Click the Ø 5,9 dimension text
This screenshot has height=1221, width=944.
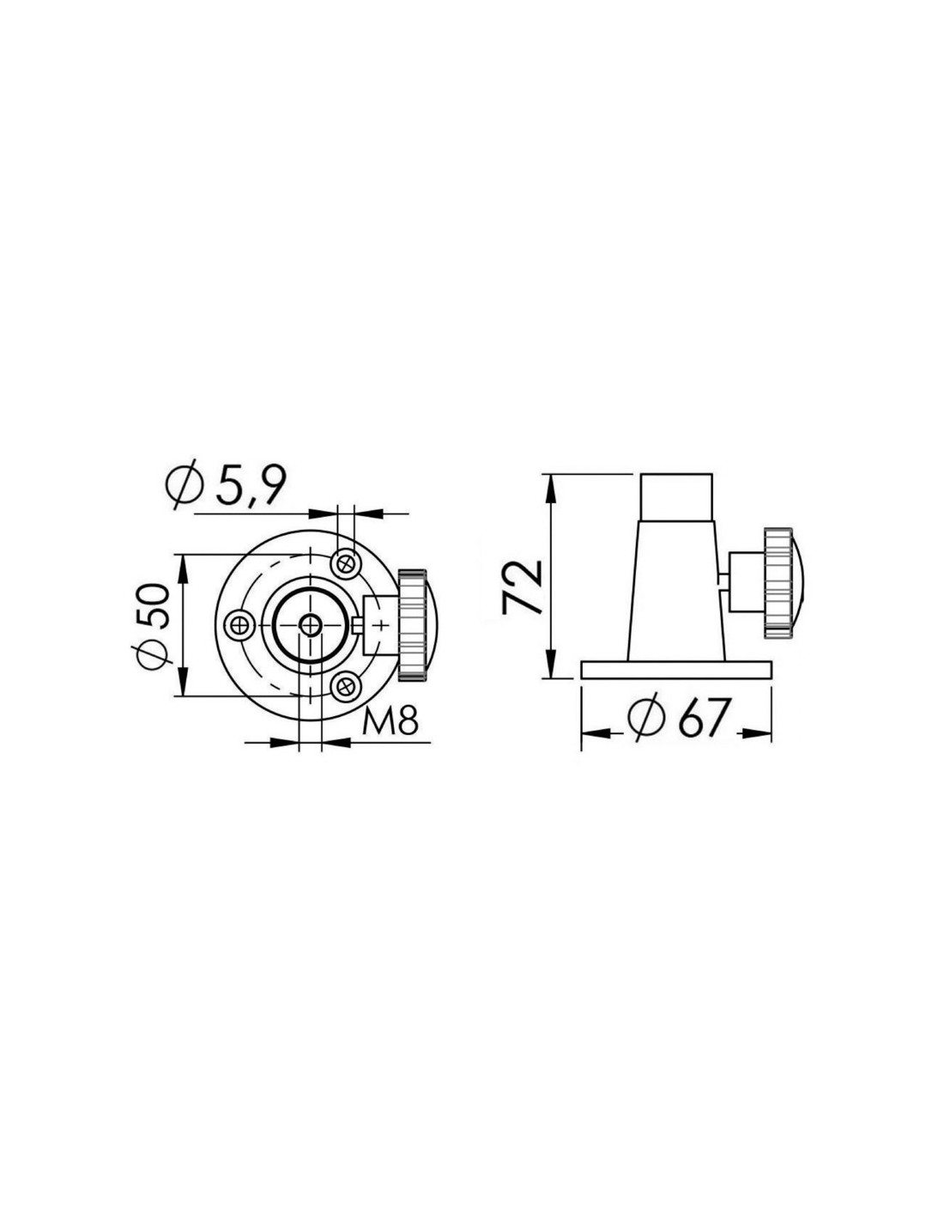tap(227, 483)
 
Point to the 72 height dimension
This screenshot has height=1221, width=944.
tap(522, 586)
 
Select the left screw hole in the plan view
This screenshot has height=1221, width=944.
tap(241, 623)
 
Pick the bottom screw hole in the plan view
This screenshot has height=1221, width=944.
tap(346, 685)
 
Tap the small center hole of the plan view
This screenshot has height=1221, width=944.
tap(310, 623)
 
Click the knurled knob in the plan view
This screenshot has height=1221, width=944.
tap(417, 623)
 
